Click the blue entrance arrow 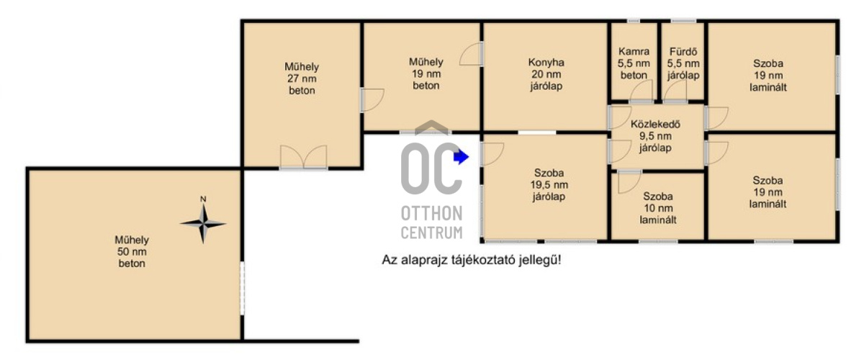tap(461, 157)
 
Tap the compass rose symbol tap(203, 223)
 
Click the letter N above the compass tap(203, 199)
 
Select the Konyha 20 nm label tap(546, 74)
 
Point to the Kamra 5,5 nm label tap(634, 63)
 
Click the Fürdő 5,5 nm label tap(683, 63)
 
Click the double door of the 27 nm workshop tap(304, 157)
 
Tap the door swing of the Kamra tap(641, 91)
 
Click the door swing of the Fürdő tap(675, 91)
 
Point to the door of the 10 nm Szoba tap(629, 182)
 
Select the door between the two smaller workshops tap(373, 100)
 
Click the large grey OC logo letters tap(431, 168)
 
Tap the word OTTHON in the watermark tap(431, 213)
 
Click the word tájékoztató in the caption tap(482, 260)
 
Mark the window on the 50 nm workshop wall tap(242, 288)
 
